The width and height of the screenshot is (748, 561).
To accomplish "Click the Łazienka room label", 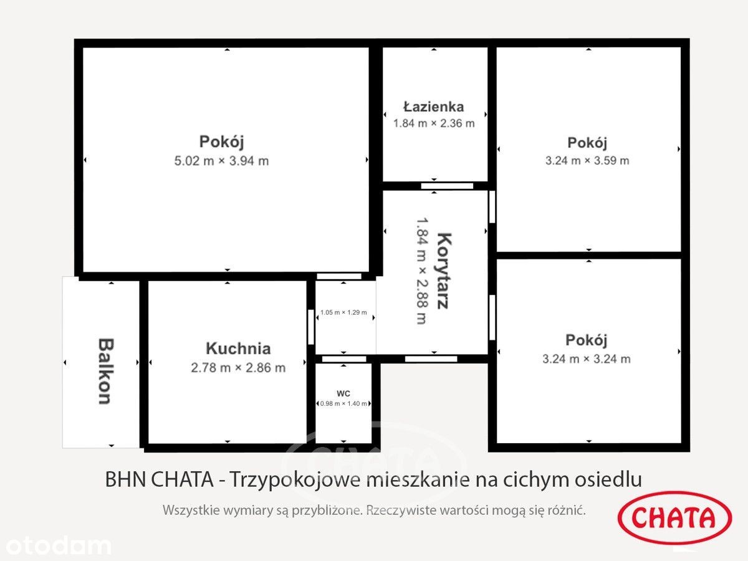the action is point(433,107).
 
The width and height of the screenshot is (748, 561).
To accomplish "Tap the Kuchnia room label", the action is point(238,348).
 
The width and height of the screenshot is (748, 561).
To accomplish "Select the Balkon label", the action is point(105,371).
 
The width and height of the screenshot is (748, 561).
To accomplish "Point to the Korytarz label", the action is point(444,271).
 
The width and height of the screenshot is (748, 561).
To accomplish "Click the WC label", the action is point(343,394).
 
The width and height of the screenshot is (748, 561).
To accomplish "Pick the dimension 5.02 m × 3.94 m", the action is point(221,161).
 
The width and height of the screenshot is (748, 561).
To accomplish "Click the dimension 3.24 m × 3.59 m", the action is point(587,160).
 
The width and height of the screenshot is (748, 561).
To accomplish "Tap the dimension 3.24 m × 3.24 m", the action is point(587,358).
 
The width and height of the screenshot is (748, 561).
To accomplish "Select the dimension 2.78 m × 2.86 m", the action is point(238,368).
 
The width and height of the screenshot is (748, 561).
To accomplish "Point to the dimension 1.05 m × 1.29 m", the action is point(343,312).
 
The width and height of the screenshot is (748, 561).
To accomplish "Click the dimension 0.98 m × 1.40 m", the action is point(343,404).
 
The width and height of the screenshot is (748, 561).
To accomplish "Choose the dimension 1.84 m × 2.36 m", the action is point(434,123).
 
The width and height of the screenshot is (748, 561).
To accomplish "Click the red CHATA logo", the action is point(674,518).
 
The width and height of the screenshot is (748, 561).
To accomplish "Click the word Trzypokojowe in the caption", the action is point(295,479).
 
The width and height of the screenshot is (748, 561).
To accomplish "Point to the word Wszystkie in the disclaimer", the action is point(191,511).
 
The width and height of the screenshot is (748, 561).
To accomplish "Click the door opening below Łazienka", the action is point(447,186).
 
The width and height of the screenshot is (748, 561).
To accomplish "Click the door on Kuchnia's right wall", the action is point(311,327).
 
